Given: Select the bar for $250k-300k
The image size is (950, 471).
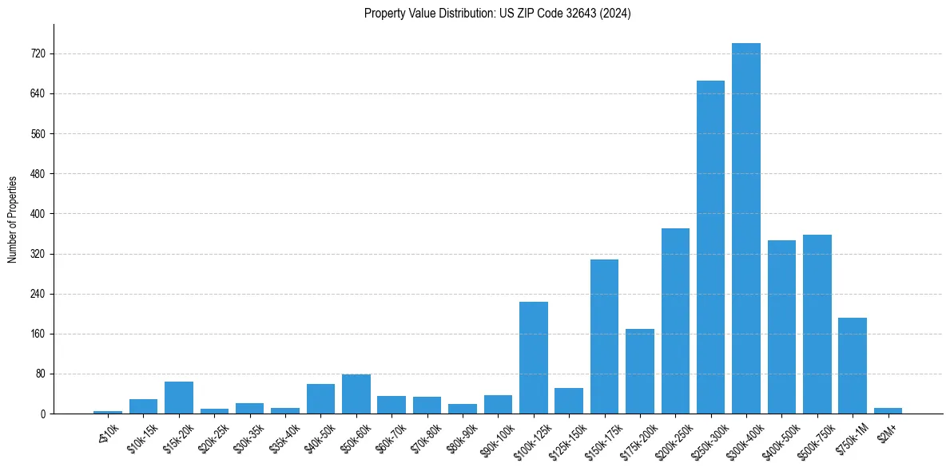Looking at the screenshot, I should pos(710,247).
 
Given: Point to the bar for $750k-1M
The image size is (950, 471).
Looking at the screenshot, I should pos(853,366).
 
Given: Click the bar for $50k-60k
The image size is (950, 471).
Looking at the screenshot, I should pos(356,394).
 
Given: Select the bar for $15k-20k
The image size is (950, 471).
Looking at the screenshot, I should pos(179,398).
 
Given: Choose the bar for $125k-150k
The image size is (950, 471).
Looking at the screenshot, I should pos(569,401).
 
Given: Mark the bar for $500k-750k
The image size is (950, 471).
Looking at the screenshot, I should pos(817,324).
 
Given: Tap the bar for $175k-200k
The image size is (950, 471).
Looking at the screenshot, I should pos(640,371).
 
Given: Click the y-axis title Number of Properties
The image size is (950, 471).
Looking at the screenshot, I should pos(12,219).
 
